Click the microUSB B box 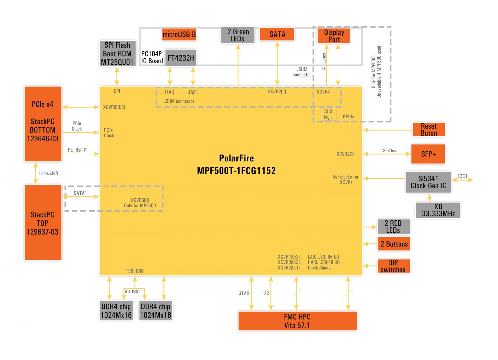(x=179, y=34)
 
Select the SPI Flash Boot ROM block (x=117, y=53)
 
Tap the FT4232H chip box (x=181, y=58)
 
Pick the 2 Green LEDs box (x=238, y=35)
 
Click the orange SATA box (x=277, y=34)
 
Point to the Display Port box (x=334, y=36)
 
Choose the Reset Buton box (x=429, y=130)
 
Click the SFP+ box (x=428, y=154)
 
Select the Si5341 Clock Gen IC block (x=428, y=182)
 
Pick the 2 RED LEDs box (x=394, y=226)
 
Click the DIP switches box (x=394, y=266)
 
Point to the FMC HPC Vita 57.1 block (x=297, y=321)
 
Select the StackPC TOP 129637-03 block (x=43, y=223)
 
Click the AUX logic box (x=328, y=114)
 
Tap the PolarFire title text (x=236, y=158)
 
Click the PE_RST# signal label (x=77, y=150)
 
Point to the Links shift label (x=49, y=173)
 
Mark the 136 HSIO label (x=135, y=271)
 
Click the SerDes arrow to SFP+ (x=387, y=154)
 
